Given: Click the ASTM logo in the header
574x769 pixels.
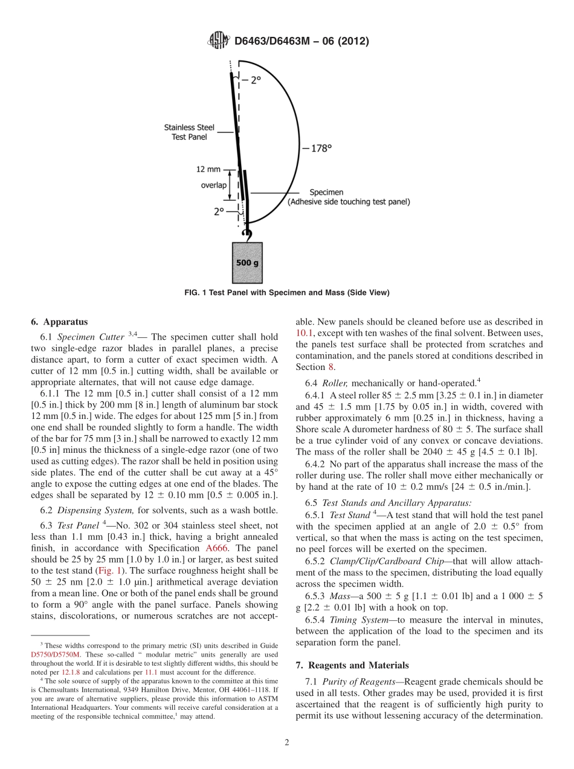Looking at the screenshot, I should tap(219, 41).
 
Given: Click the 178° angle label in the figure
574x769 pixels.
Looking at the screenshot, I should tap(317, 148).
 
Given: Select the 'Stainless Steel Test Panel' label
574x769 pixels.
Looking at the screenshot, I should tap(189, 132).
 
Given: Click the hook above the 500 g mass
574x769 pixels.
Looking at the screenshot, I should tap(245, 233).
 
